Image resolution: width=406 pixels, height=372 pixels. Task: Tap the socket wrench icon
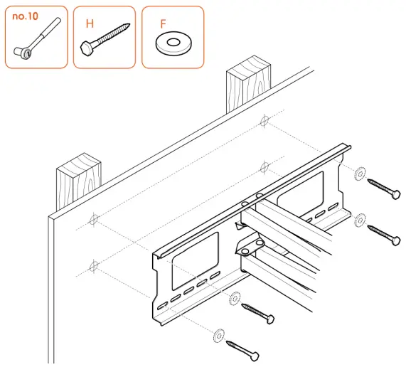click(x=36, y=42)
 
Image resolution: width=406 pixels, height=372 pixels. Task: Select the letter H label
click(x=90, y=23)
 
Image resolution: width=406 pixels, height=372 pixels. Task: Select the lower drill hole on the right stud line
click(x=265, y=169)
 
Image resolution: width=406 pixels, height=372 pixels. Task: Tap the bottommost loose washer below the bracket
click(x=218, y=333)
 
